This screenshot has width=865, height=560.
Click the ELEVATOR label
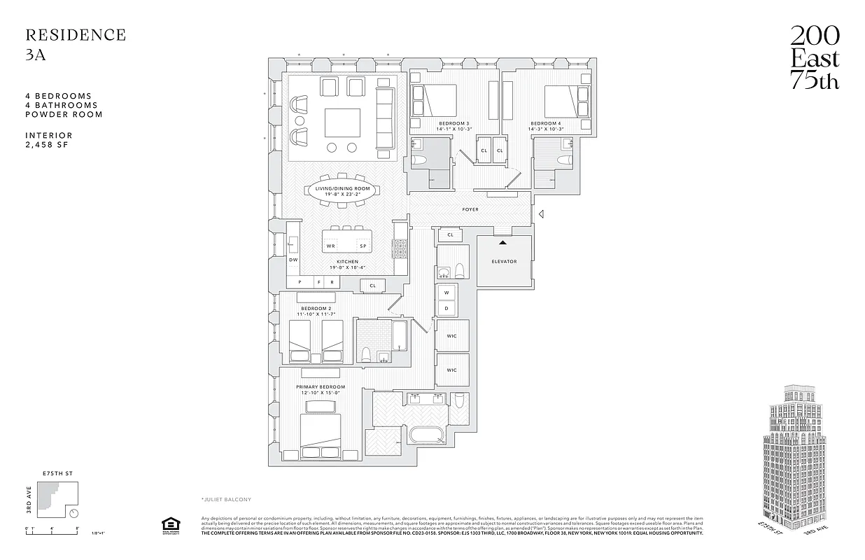coord(504,262)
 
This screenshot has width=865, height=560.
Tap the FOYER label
coord(470,209)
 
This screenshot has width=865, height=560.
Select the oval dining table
coord(342,191)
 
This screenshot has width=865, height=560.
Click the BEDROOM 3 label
coord(453,123)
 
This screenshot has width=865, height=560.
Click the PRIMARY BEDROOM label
coord(321,387)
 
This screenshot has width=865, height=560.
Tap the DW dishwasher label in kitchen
coord(293,260)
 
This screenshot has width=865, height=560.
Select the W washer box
coord(446,293)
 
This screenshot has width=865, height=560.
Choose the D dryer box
coord(446,308)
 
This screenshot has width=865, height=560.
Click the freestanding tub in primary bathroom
coord(427,435)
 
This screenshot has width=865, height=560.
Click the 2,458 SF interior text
coord(48,145)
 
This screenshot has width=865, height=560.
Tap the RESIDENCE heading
coord(76,35)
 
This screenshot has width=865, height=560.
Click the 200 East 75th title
coord(815,58)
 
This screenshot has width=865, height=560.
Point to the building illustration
coord(799,462)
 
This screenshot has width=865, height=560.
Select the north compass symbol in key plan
coord(74,513)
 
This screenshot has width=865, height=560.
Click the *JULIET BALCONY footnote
coord(226,499)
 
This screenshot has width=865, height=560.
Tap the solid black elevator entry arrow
coord(502,242)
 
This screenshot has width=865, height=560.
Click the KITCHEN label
coord(347,262)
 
